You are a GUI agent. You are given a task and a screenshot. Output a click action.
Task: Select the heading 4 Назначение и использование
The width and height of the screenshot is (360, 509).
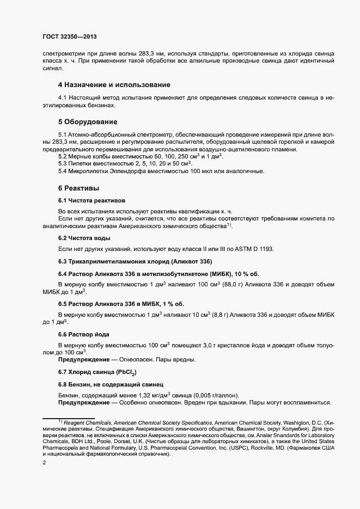[114, 85]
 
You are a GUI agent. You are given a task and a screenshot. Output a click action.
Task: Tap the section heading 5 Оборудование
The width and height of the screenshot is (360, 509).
[88, 121]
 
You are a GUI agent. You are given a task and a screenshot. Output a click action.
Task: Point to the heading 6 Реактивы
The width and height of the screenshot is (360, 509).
[78, 188]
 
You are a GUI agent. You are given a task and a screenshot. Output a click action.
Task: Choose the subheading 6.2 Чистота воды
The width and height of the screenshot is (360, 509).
[84, 238]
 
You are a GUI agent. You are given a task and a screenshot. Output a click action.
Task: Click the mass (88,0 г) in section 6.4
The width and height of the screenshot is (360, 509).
[216, 284]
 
